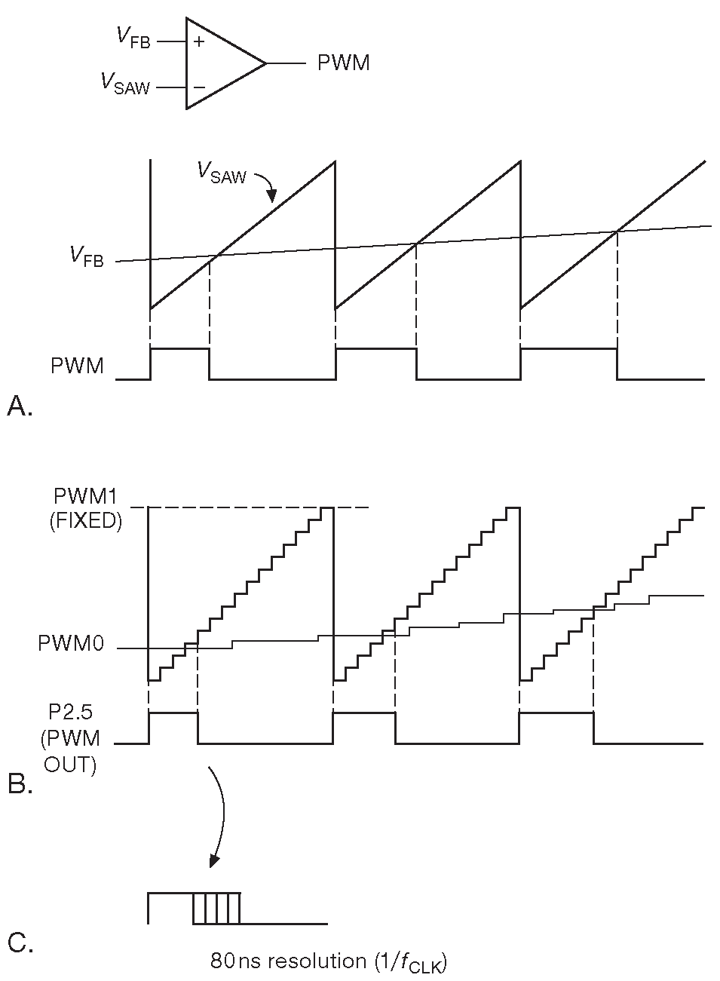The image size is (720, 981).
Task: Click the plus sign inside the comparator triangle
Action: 199,41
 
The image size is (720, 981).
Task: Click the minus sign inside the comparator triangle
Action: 199,87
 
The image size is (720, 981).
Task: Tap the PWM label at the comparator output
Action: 344,63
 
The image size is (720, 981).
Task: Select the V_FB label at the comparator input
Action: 133,37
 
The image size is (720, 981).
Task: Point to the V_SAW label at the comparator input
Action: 126,83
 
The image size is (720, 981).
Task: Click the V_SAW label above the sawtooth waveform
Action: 222,173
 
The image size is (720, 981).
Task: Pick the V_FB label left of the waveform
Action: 87,256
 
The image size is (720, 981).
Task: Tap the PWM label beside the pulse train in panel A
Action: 77,366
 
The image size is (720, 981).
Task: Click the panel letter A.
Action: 19,407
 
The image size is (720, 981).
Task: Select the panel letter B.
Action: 19,785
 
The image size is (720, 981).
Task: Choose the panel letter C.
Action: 20,943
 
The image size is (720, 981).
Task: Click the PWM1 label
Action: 87,497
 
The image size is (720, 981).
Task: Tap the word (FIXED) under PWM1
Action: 86,521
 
